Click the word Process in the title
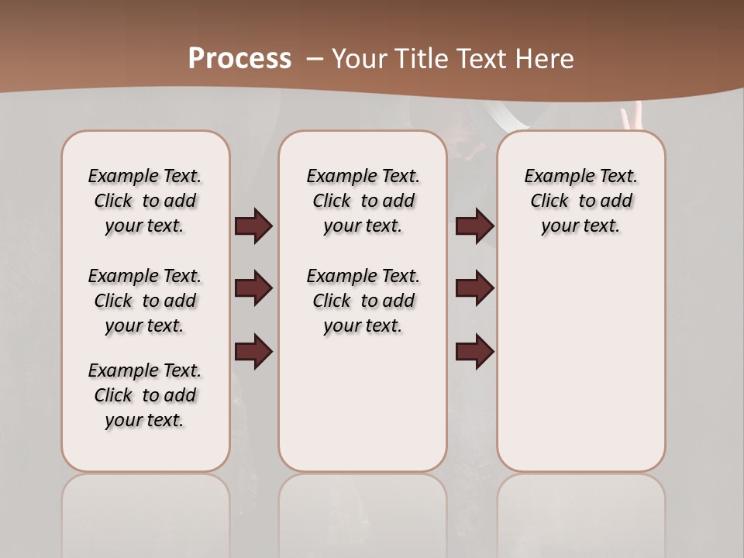pos(239,58)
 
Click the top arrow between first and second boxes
pos(253,226)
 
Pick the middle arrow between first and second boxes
pos(253,288)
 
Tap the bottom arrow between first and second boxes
pos(253,351)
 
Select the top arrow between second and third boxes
pos(475,226)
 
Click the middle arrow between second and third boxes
pos(475,288)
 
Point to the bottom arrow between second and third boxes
pos(475,351)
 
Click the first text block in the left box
pos(145,201)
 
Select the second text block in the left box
pos(145,301)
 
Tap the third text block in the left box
pos(145,395)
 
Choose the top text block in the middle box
pos(363,201)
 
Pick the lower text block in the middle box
pos(363,301)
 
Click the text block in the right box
pos(581,201)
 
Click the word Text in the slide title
pos(478,59)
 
